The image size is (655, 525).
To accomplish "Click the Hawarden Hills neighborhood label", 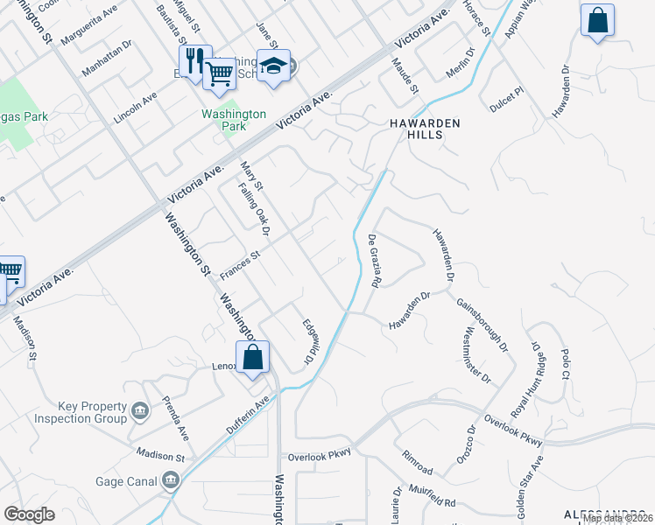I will tap(425, 129).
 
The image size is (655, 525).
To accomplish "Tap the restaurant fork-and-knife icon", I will tap(194, 59).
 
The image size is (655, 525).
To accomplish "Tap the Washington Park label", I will tap(234, 120).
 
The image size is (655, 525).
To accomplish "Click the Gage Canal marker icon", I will tap(170, 480).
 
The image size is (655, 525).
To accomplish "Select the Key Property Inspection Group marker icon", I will tap(139, 411).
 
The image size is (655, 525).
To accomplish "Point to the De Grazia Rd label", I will tap(374, 261).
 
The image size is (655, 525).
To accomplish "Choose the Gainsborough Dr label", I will tap(482, 324).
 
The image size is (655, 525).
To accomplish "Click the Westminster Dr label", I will tap(479, 355).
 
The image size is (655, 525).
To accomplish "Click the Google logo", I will tap(30, 514).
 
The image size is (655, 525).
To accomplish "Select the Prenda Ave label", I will tap(176, 417).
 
